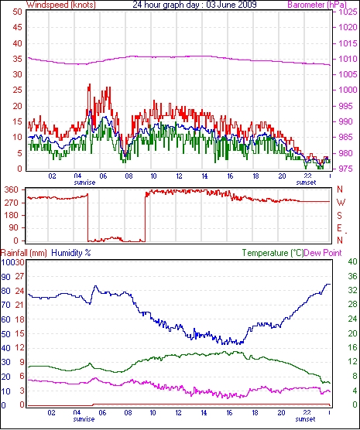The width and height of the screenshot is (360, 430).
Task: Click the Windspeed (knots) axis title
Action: click(x=61, y=5)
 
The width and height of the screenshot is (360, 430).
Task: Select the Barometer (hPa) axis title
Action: click(x=317, y=5)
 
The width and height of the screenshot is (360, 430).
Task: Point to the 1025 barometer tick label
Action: click(x=348, y=12)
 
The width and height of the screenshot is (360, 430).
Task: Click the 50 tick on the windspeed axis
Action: click(x=17, y=12)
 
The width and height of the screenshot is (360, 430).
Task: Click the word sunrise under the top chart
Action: click(x=84, y=183)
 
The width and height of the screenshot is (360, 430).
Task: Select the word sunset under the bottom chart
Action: click(x=305, y=419)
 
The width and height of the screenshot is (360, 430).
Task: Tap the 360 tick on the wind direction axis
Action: click(x=12, y=189)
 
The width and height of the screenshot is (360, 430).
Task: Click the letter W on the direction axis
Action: click(x=341, y=203)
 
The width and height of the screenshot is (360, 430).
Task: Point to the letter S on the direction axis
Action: click(x=340, y=216)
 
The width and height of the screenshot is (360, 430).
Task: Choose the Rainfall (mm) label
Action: click(x=24, y=253)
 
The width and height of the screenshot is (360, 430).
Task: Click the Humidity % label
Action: click(x=71, y=253)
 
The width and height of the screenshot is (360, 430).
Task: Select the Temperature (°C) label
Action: click(x=273, y=253)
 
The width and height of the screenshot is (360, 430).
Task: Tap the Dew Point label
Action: click(x=323, y=253)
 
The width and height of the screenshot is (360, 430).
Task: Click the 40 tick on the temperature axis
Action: click(x=352, y=261)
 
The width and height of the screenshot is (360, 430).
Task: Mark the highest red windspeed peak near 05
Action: click(x=89, y=84)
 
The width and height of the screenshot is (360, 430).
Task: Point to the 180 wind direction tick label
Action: click(x=12, y=216)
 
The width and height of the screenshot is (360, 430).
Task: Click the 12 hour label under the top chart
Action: click(x=179, y=176)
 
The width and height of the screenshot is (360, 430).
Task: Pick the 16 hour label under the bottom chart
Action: click(x=230, y=413)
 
